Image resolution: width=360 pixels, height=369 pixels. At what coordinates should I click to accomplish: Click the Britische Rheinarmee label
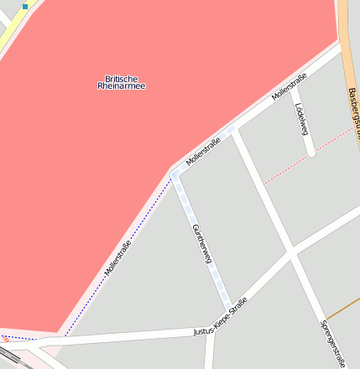[121, 82]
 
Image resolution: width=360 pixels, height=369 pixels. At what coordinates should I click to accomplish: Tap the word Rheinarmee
[121, 86]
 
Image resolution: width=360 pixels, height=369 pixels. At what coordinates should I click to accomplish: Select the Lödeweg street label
[302, 119]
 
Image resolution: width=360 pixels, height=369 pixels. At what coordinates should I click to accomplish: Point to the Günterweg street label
[202, 244]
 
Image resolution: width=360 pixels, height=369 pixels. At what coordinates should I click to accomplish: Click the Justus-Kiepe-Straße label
[221, 317]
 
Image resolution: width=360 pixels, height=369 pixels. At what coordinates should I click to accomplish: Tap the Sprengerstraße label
[333, 343]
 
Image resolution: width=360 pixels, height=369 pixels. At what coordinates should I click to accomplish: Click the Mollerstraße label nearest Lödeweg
[290, 87]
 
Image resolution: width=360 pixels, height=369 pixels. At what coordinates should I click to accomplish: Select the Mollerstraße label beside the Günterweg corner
[203, 150]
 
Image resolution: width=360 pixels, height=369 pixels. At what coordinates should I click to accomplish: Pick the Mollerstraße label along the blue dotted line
[118, 258]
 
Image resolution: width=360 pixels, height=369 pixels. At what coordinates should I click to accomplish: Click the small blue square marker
[25, 6]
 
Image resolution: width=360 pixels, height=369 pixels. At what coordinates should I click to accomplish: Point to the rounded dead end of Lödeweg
[311, 153]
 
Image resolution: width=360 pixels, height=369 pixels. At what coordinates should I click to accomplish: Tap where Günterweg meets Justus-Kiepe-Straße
[228, 308]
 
